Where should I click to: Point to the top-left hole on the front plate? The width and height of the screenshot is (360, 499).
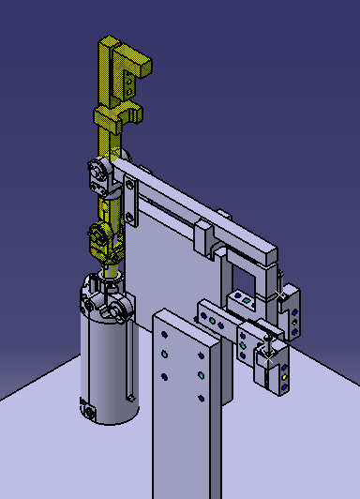(x=165, y=333)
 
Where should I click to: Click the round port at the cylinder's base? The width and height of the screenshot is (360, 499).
(x=89, y=411)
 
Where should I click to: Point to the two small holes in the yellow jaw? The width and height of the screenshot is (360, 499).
(x=127, y=83)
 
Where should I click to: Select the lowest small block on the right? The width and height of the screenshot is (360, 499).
(x=277, y=375)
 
